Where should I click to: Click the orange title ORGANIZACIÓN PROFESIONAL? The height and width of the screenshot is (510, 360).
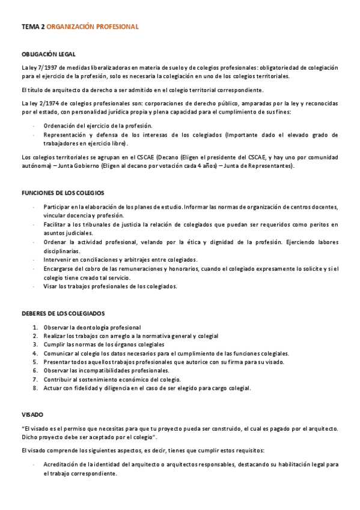click(x=92, y=27)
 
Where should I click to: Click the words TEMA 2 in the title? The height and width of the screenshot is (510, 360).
click(x=33, y=27)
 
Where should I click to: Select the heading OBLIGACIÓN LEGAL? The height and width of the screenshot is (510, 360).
click(x=48, y=54)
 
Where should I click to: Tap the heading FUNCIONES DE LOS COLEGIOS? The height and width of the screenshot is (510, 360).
click(x=63, y=193)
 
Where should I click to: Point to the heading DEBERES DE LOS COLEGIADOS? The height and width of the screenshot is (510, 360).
click(x=63, y=314)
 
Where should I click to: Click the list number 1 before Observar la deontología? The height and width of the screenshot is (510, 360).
click(x=35, y=327)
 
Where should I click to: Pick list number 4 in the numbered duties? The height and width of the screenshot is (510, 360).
click(x=35, y=354)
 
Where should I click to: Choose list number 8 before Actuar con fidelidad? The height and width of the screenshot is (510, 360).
click(x=35, y=389)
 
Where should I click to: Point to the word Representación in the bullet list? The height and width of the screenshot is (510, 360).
click(x=67, y=135)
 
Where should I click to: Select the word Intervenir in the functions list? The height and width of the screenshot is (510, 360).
click(x=59, y=260)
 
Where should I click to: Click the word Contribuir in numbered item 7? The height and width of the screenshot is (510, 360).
click(x=58, y=380)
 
